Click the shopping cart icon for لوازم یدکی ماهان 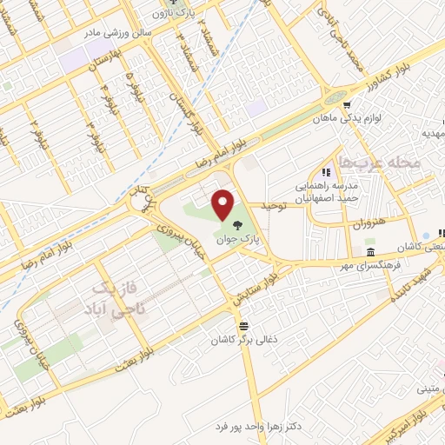349,112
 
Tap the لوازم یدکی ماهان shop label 382,113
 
